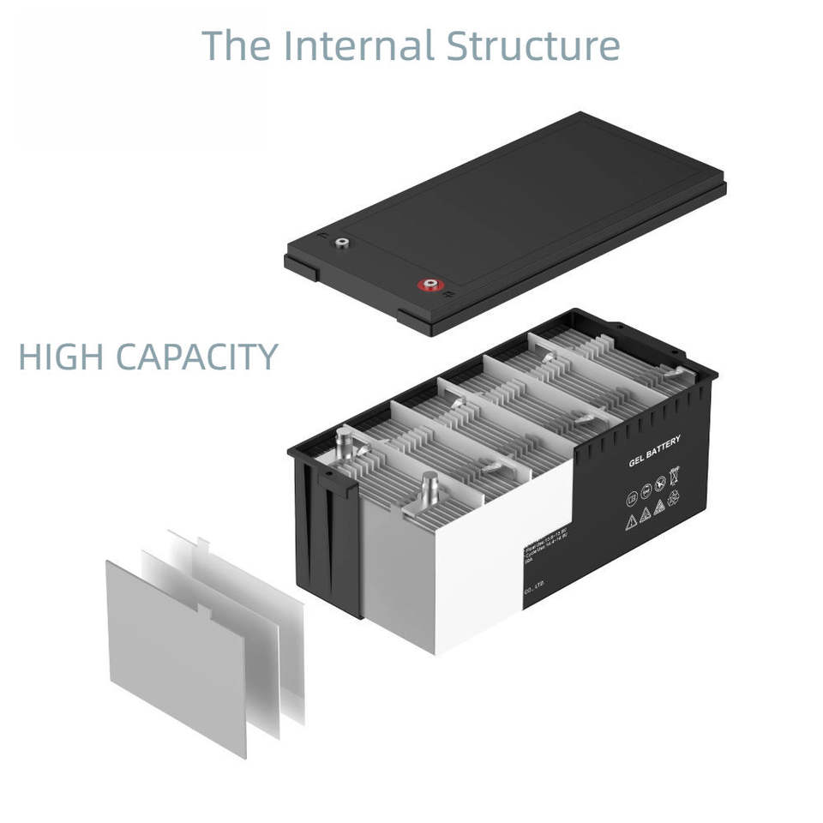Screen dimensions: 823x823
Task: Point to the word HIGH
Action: [61, 357]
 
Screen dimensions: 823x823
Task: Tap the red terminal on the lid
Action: [427, 285]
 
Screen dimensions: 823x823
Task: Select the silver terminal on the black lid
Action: [341, 243]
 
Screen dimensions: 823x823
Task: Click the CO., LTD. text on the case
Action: [533, 589]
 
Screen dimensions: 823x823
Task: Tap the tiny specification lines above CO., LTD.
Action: [540, 554]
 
